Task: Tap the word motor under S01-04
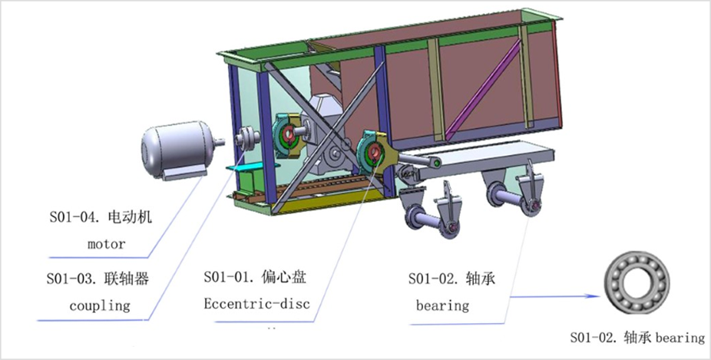coord(106,244)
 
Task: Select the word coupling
coord(100,306)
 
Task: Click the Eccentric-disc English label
coord(256,303)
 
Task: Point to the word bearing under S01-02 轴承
coord(442,306)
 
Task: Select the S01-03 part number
coord(72,279)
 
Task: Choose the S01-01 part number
coord(230,276)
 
